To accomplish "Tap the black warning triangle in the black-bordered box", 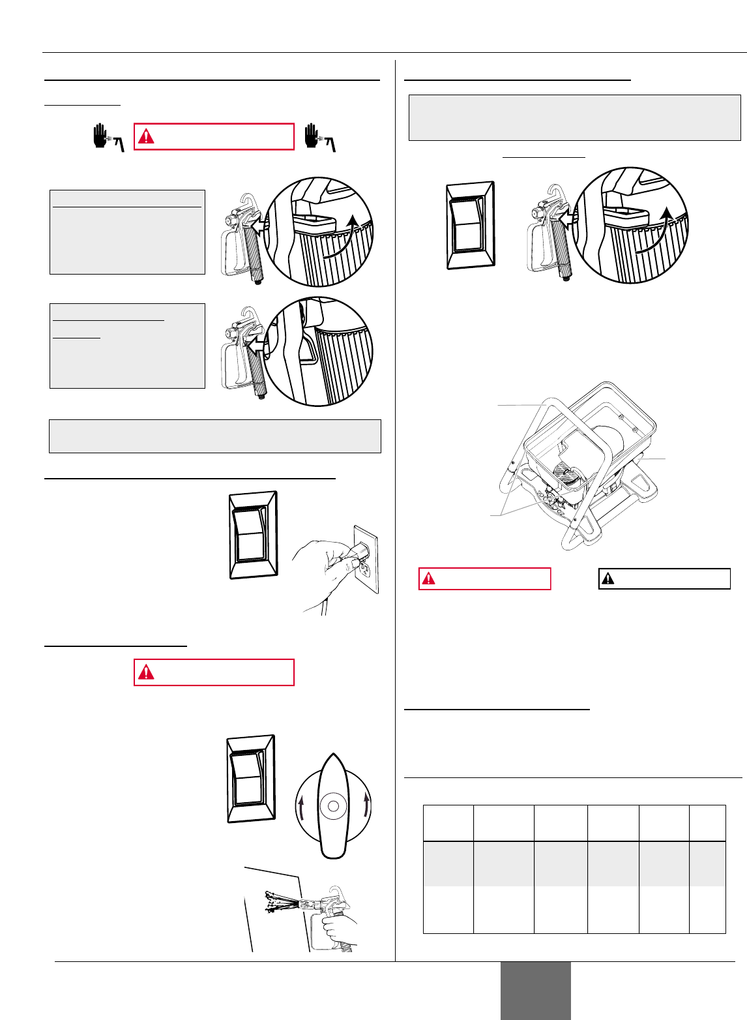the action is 608,578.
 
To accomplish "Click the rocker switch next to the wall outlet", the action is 254,535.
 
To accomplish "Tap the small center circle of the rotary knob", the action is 333,806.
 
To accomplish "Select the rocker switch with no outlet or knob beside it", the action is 470,225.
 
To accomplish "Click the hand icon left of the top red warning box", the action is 102,138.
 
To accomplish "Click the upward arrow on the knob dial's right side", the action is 368,806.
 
